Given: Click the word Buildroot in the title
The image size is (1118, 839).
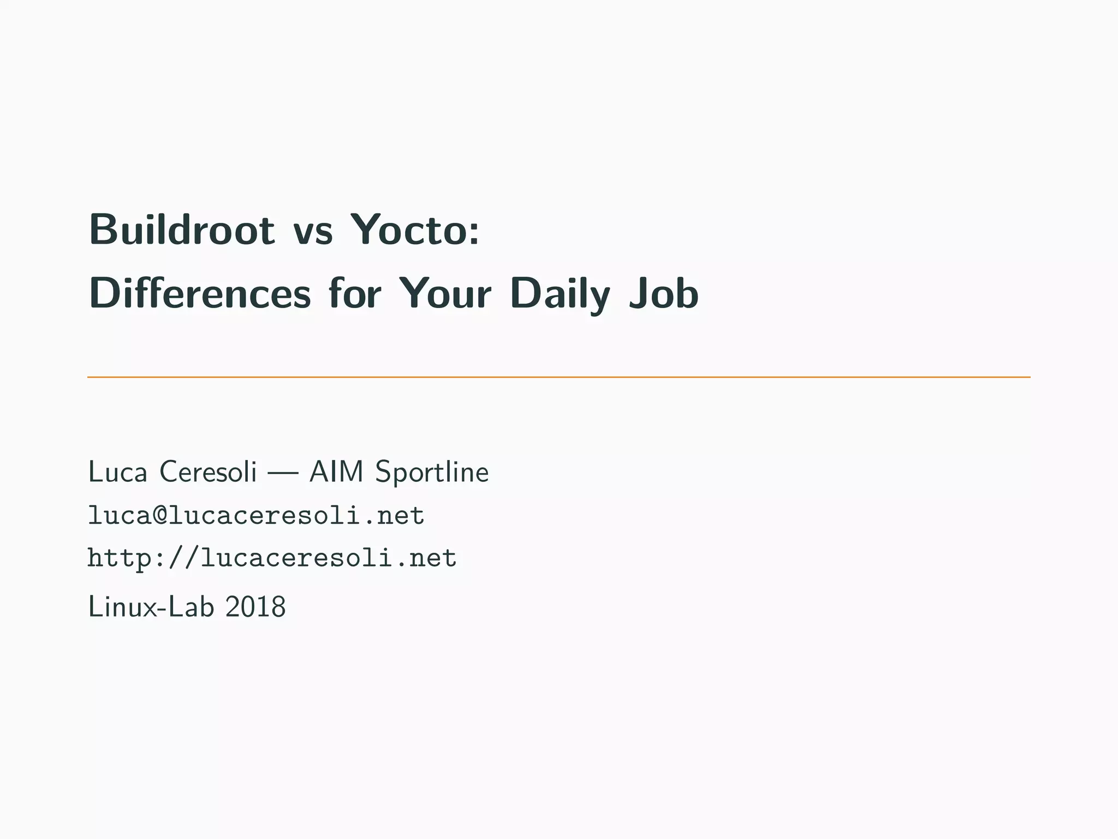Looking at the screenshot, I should (x=182, y=230).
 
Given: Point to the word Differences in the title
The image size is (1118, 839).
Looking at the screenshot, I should (x=200, y=293).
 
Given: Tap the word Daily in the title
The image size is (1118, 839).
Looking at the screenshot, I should (x=560, y=296).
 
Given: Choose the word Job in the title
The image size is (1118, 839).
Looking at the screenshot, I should (x=663, y=293).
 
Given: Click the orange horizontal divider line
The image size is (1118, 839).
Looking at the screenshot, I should (x=558, y=377).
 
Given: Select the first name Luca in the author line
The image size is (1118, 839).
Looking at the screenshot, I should (x=117, y=472).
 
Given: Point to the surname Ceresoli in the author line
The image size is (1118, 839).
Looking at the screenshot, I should (x=207, y=472).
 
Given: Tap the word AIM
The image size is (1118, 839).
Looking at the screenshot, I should (x=336, y=472).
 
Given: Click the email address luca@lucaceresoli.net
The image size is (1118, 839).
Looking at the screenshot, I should (x=256, y=516).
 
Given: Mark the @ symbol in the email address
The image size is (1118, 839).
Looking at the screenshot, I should (x=160, y=516).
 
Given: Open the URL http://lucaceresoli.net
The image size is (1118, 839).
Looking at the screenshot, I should (x=272, y=558).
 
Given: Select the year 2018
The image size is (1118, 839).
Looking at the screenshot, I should (x=255, y=607).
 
